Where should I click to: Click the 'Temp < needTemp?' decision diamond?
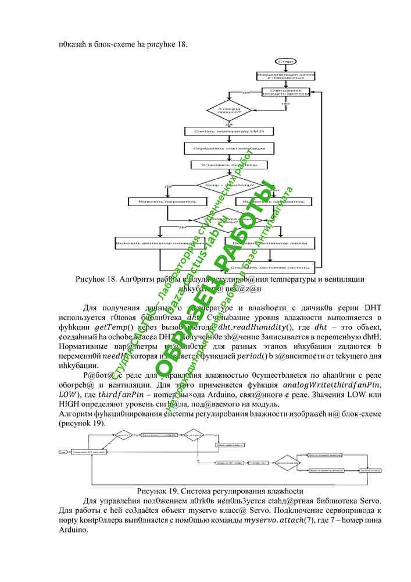(228, 185)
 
